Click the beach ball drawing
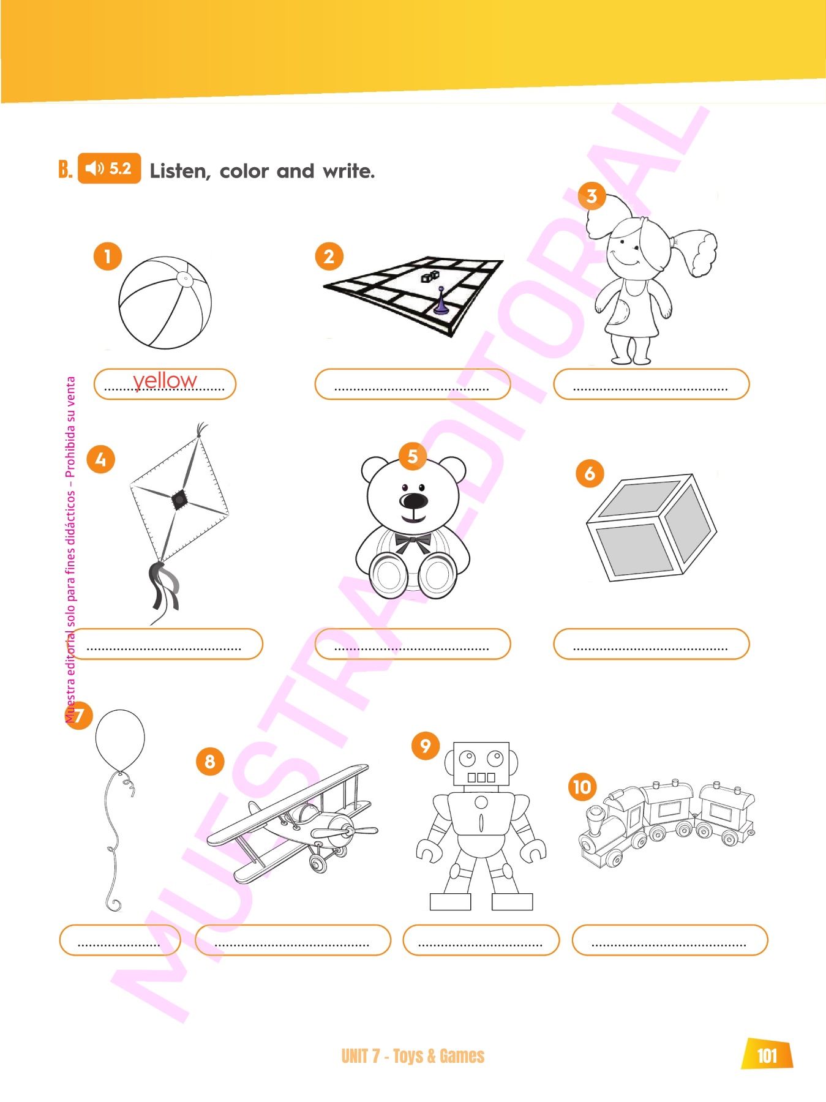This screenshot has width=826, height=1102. tap(165, 303)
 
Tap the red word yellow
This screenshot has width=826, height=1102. tap(165, 381)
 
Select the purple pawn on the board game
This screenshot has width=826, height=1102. tap(441, 302)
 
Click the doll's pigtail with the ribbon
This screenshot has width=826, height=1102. tap(694, 251)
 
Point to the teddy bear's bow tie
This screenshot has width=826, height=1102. tap(413, 542)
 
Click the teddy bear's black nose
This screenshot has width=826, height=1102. tap(414, 501)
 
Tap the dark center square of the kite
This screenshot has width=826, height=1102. tap(179, 500)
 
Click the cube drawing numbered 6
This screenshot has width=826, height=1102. tap(651, 527)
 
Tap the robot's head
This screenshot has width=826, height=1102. tap(481, 764)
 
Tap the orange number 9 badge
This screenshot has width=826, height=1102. tap(426, 746)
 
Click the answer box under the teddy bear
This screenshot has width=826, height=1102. tap(413, 644)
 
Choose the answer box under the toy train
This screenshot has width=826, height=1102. tap(670, 940)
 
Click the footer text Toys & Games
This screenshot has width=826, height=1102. tap(438, 1056)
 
